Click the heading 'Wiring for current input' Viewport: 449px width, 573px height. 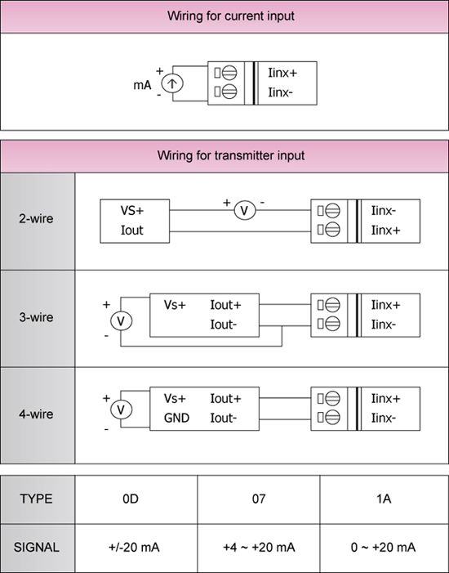click(231, 16)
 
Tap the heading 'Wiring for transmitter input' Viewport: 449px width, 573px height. click(231, 155)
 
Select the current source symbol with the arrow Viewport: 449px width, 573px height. click(172, 83)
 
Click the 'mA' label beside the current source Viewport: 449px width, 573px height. click(142, 85)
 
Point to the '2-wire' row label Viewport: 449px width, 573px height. click(36, 218)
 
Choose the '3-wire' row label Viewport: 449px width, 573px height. click(36, 317)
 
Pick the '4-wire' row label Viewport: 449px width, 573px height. click(36, 414)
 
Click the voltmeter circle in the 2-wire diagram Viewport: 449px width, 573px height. click(244, 211)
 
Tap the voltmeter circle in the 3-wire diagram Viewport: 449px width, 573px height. click(121, 321)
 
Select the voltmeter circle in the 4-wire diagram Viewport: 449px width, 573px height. click(121, 410)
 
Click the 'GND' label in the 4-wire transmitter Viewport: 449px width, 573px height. click(176, 418)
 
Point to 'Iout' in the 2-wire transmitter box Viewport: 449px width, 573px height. click(131, 231)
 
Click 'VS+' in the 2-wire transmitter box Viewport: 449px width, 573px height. click(132, 211)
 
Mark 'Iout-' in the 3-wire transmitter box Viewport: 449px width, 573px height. click(224, 325)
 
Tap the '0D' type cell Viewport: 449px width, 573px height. click(131, 499)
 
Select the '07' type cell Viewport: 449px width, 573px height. click(259, 499)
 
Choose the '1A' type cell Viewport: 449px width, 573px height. click(384, 499)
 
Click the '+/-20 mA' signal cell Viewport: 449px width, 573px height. click(134, 548)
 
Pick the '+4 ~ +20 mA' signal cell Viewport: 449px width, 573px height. click(259, 548)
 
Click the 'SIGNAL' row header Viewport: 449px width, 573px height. click(36, 548)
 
